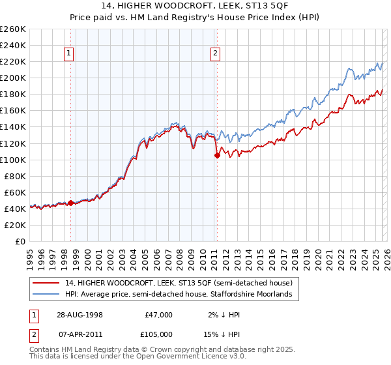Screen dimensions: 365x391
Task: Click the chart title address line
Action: (195, 7)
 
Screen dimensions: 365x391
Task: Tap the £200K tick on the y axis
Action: (12, 78)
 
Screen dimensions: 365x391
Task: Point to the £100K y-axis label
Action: (12, 160)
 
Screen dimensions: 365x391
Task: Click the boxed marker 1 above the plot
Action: (70, 54)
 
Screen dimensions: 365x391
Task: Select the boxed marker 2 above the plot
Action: (215, 54)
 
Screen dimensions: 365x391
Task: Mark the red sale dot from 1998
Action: (71, 203)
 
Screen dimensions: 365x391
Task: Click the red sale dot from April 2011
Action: (216, 155)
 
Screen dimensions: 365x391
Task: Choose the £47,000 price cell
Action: (158, 315)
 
